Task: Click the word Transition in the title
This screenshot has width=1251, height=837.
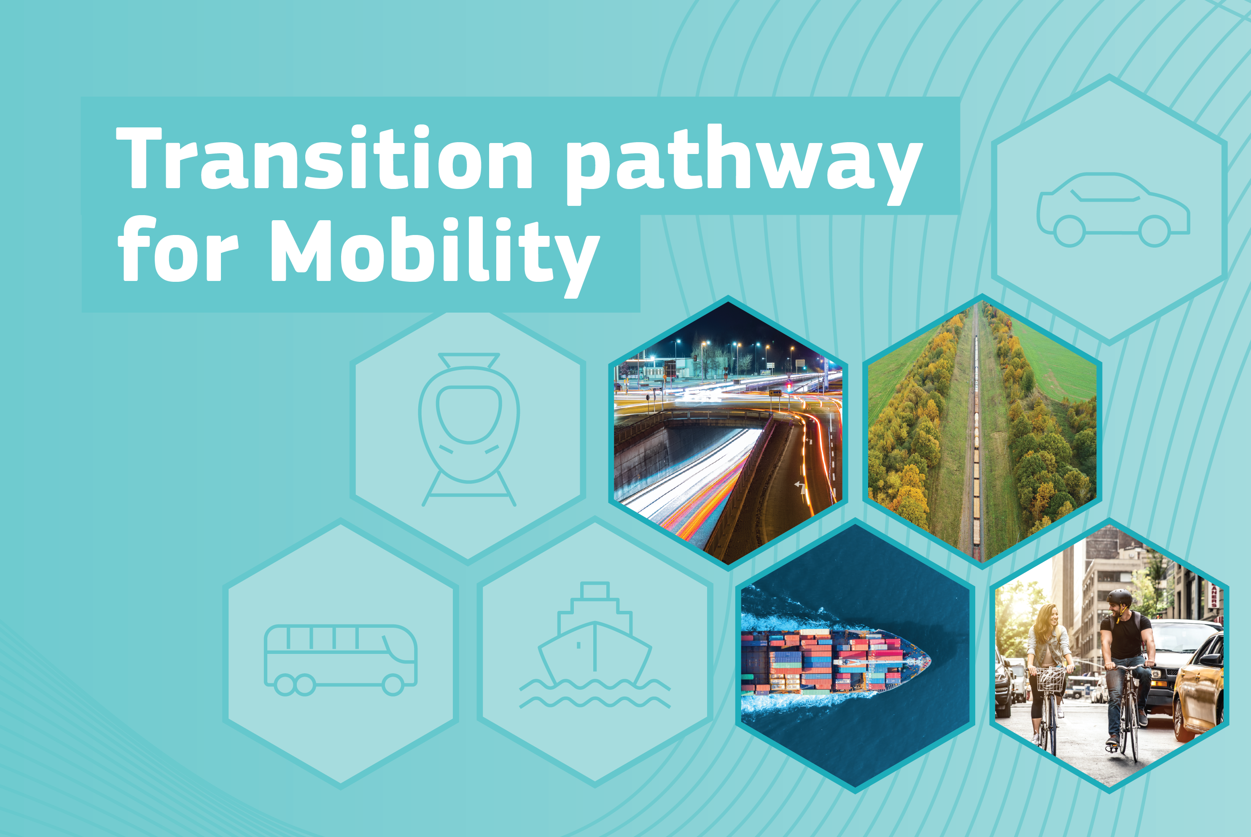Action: point(324,157)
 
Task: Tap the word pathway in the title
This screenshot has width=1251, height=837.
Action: point(744,165)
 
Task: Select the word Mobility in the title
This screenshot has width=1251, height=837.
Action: point(435,257)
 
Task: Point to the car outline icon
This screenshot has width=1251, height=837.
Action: point(1113,209)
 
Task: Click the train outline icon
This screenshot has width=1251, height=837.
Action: point(468,429)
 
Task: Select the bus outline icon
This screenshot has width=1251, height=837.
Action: point(340,660)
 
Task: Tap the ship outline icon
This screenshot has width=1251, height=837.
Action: point(595,645)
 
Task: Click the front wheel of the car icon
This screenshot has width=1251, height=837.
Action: point(1154,231)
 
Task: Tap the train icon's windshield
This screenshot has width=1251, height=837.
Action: point(468,414)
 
